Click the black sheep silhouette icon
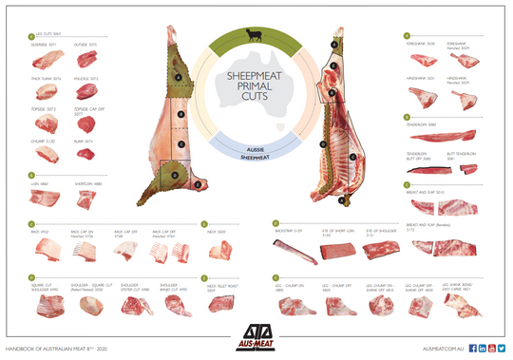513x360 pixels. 255,37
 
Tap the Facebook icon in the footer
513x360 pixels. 472,349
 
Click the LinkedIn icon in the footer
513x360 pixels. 483,349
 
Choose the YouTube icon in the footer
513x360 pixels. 493,349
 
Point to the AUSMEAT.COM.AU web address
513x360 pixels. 443,350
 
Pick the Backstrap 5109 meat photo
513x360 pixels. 290,251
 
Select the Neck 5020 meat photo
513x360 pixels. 220,251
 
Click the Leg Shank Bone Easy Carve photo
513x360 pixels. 473,308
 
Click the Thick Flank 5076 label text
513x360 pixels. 45,79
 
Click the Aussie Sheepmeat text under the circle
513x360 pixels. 255,158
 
